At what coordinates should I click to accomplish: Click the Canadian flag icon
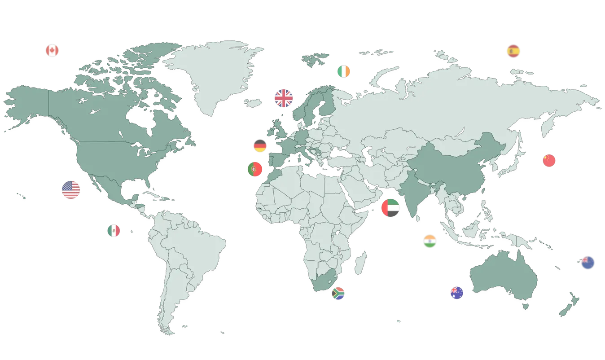(52, 50)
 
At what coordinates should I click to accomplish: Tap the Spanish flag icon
(513, 51)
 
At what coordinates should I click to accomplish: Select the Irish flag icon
(344, 71)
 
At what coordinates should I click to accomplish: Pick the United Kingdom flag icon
(284, 98)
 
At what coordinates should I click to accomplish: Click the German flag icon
(260, 146)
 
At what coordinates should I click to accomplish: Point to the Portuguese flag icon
(254, 169)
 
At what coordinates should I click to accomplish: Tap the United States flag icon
(71, 190)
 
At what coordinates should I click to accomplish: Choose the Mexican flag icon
(114, 231)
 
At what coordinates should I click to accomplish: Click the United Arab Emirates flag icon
(390, 208)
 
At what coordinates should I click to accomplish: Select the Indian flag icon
(430, 241)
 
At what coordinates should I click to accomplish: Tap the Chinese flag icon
(549, 160)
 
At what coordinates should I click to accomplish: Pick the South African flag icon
(338, 294)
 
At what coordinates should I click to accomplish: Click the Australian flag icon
(456, 293)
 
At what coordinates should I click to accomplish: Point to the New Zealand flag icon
(587, 263)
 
